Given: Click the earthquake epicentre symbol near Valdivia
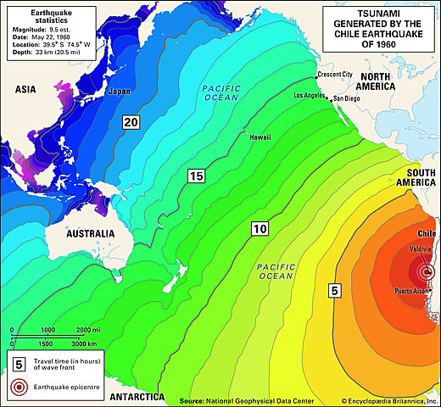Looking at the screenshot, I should tap(427, 273).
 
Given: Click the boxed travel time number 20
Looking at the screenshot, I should tap(130, 122).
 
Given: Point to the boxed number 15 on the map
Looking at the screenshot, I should tap(196, 176).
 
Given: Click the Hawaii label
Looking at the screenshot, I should tap(260, 137).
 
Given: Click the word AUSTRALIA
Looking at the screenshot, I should tap(84, 233).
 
